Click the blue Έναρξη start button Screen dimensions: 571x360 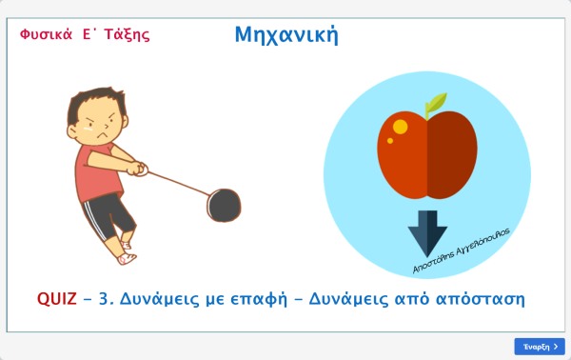[x=540, y=347]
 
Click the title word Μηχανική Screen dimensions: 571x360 [x=286, y=35]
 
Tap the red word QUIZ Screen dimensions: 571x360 [x=57, y=299]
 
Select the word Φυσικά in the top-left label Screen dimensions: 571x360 [x=47, y=34]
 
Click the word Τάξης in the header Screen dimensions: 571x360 [x=127, y=35]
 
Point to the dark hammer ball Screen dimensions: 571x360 [x=224, y=205]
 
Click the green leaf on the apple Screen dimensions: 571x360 [x=437, y=102]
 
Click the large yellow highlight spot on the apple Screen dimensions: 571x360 [x=401, y=127]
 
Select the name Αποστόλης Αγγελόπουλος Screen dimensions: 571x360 [x=461, y=250]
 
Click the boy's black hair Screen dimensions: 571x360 [x=94, y=101]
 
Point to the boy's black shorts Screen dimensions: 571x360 [x=108, y=215]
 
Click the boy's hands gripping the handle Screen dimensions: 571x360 [x=137, y=169]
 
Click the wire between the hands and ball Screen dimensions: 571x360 [x=179, y=183]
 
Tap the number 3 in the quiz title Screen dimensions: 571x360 [x=104, y=299]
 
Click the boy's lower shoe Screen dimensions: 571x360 [x=127, y=259]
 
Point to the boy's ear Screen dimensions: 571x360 [x=71, y=131]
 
